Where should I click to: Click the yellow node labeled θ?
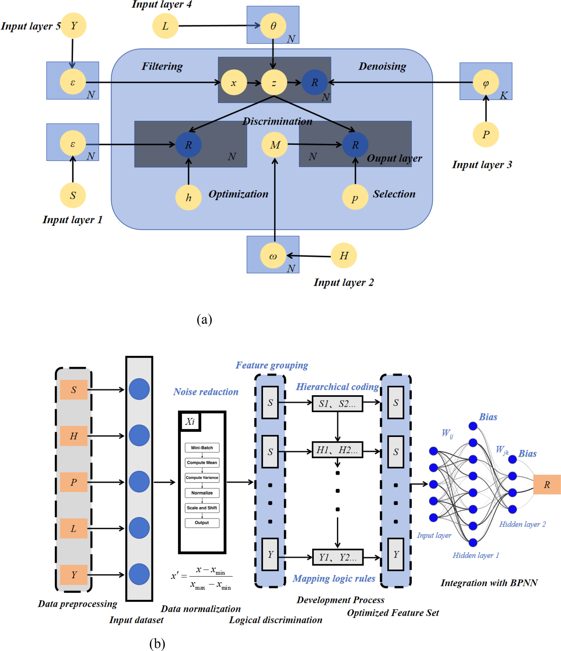click(273, 26)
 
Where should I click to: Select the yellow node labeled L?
click(165, 26)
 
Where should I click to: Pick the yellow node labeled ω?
click(273, 255)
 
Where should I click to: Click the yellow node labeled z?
click(274, 83)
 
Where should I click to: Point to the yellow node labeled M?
click(275, 145)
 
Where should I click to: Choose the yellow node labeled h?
click(188, 197)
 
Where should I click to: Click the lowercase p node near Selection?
click(355, 197)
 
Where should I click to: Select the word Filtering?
click(162, 66)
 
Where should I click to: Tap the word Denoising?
click(382, 66)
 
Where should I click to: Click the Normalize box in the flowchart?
click(202, 493)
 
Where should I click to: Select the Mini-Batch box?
click(202, 447)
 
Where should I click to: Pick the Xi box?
click(190, 421)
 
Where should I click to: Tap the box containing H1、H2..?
click(337, 450)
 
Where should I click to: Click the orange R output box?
click(546, 485)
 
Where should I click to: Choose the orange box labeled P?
click(73, 482)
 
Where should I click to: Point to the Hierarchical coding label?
click(337, 387)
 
